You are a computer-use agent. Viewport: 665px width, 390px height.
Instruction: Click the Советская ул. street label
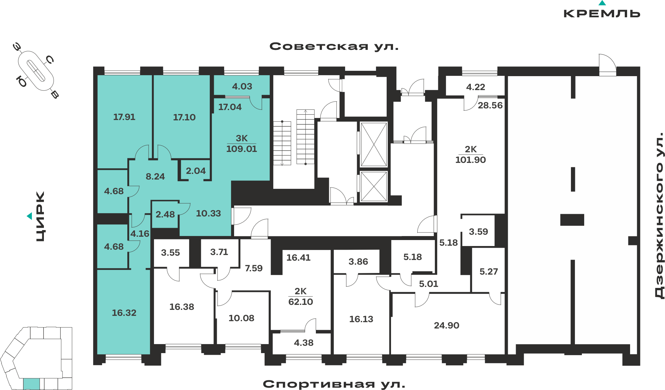point(334,46)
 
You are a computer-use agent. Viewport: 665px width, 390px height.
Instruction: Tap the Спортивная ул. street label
point(334,384)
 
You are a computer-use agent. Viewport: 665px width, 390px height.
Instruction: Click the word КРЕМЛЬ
point(602,13)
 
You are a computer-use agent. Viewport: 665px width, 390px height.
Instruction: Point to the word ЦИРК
point(40,216)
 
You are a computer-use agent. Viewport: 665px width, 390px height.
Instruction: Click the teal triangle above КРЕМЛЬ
point(602,3)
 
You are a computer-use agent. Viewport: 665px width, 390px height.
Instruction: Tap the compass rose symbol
point(36,71)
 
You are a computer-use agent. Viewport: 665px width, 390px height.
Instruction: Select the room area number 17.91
point(124,117)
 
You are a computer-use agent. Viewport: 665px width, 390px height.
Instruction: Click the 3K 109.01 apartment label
point(242,144)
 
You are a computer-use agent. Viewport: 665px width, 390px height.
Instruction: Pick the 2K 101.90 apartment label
point(470,155)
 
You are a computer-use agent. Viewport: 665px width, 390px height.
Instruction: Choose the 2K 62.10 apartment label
point(301,297)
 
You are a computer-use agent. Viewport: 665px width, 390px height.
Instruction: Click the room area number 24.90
point(447,325)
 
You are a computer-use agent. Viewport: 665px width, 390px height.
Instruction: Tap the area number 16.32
point(124,313)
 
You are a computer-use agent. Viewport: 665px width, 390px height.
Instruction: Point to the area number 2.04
point(196,171)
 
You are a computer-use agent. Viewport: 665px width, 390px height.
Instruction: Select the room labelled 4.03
point(242,86)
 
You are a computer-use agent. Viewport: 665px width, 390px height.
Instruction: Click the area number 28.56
point(490,105)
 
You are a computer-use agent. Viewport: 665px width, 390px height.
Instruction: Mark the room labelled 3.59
point(478,232)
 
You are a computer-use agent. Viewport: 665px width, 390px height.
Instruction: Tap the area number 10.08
point(241,318)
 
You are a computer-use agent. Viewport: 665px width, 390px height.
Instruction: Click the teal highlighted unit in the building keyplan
point(32,384)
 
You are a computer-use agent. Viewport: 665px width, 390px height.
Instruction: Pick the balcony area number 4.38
point(304,343)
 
